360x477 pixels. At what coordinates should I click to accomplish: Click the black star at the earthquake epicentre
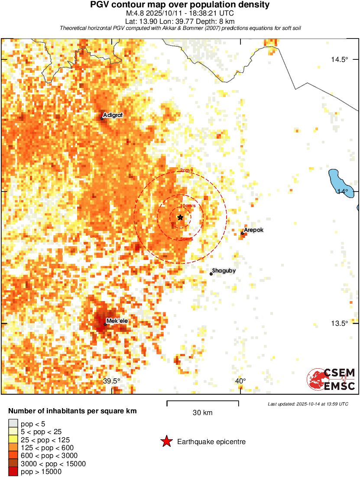pyautogui.click(x=180, y=217)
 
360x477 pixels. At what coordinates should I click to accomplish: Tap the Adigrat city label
pyautogui.click(x=113, y=115)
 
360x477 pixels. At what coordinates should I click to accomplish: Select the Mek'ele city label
pyautogui.click(x=117, y=321)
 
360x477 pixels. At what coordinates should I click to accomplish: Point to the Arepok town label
pyautogui.click(x=253, y=230)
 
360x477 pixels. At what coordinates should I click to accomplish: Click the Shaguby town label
pyautogui.click(x=224, y=271)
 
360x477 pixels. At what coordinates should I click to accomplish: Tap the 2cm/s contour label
pyautogui.click(x=187, y=170)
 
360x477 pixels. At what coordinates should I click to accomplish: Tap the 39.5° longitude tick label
pyautogui.click(x=112, y=381)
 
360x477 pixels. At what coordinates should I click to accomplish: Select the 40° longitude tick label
pyautogui.click(x=240, y=381)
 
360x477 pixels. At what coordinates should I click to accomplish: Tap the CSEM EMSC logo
pyautogui.click(x=331, y=379)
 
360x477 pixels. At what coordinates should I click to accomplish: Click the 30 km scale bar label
pyautogui.click(x=202, y=413)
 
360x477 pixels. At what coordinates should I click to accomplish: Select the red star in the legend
pyautogui.click(x=166, y=441)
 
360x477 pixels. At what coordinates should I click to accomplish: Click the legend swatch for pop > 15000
pyautogui.click(x=13, y=472)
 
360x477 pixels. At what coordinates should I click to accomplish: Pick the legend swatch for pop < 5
pyautogui.click(x=13, y=424)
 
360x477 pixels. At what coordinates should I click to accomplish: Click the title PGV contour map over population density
pyautogui.click(x=179, y=5)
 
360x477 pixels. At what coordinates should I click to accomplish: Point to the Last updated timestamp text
pyautogui.click(x=308, y=404)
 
